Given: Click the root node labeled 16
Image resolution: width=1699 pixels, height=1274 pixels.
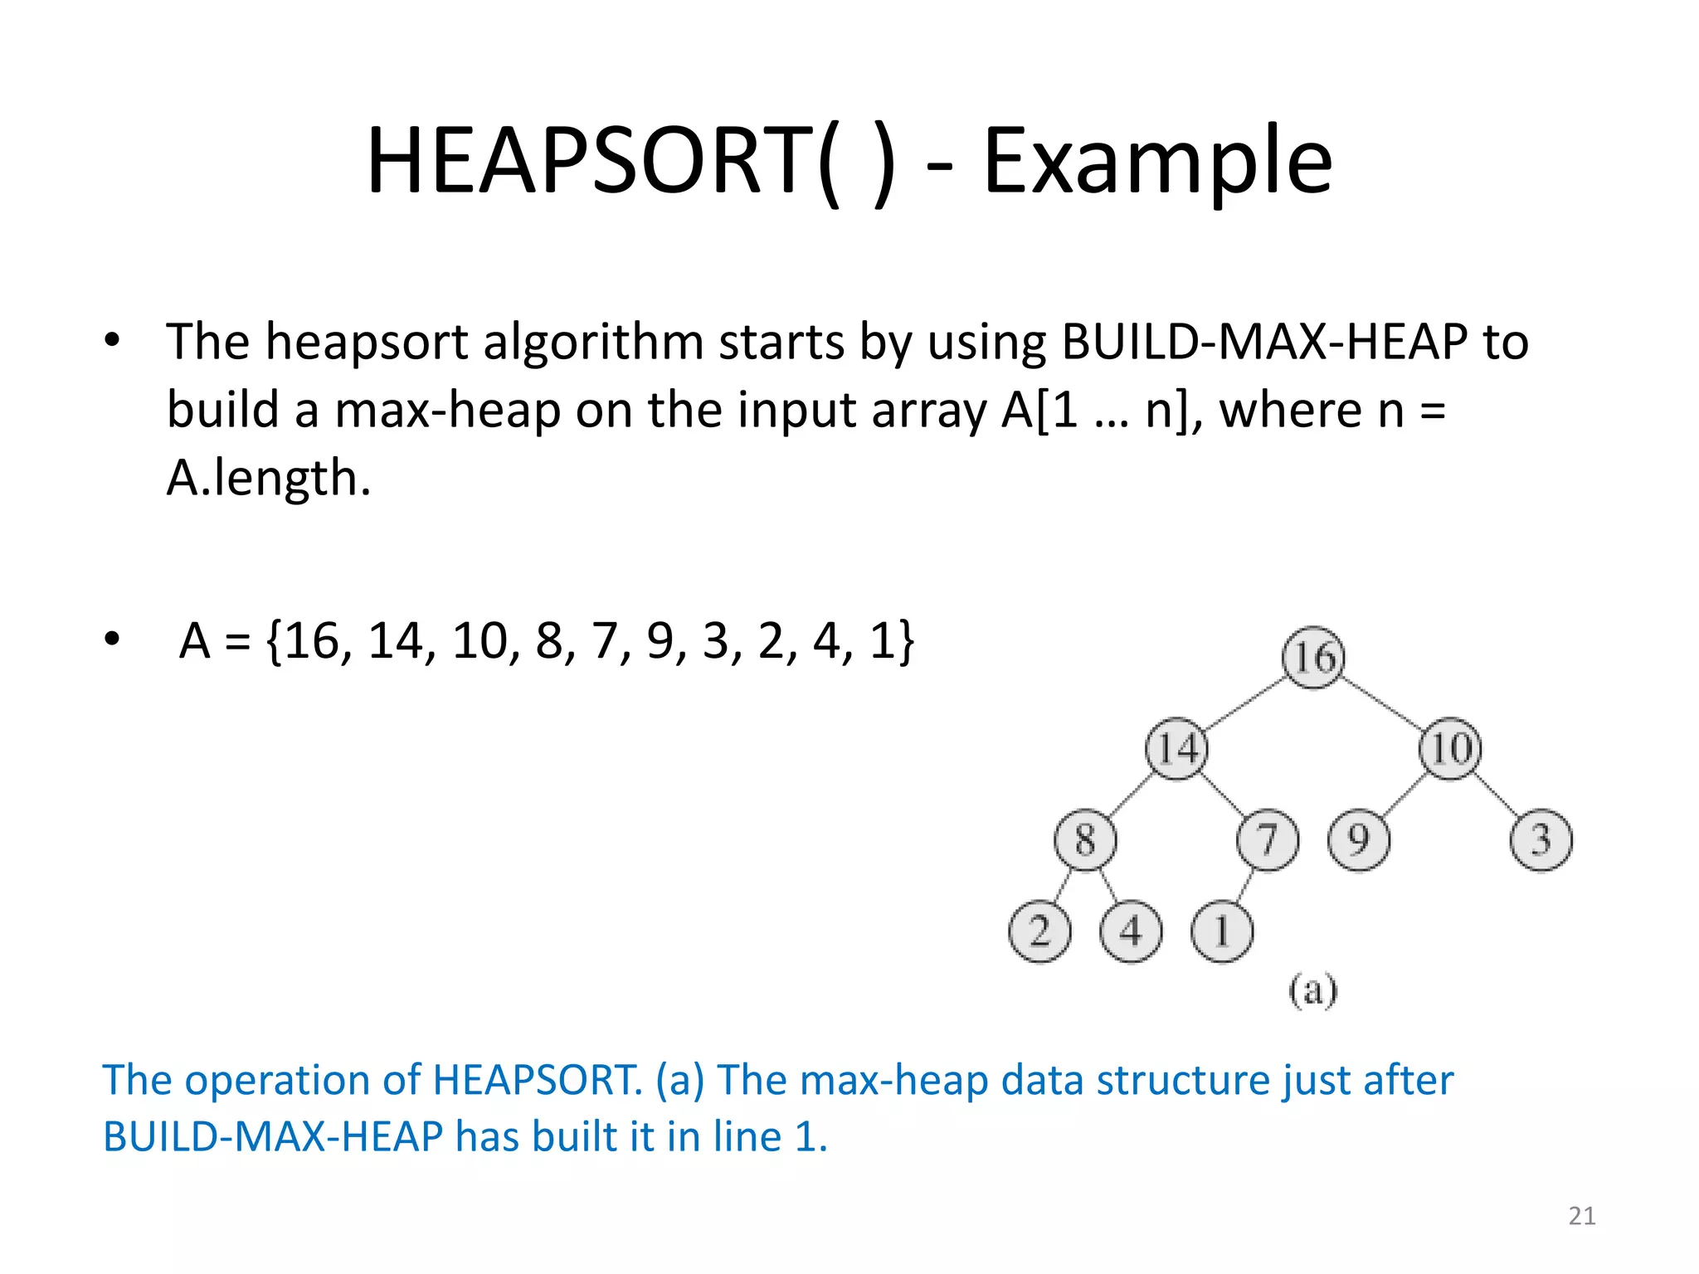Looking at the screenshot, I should click(x=1313, y=657).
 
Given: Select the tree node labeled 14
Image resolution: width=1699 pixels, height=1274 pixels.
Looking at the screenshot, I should click(x=1176, y=748).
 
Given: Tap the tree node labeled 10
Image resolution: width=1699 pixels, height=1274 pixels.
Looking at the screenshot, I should click(x=1450, y=748).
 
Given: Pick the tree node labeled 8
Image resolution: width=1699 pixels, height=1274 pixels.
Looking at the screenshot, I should click(x=1085, y=839).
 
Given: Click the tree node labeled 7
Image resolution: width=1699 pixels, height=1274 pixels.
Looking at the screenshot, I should click(x=1268, y=839).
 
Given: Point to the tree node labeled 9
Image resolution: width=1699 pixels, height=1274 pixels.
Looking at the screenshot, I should click(x=1359, y=839).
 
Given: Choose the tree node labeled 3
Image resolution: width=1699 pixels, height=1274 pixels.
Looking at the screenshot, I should click(x=1541, y=839).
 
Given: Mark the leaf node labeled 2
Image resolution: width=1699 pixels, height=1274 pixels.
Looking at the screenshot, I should click(x=1039, y=931).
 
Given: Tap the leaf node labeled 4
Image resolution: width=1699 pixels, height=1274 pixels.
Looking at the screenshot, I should click(x=1131, y=931).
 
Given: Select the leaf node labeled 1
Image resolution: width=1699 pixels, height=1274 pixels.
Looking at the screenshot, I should click(x=1222, y=931).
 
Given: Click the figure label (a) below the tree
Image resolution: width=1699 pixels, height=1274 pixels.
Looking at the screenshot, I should click(x=1313, y=990).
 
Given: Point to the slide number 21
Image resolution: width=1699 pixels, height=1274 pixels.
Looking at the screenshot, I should click(x=1582, y=1216).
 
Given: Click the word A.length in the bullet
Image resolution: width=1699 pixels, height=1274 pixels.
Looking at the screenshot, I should click(x=268, y=478).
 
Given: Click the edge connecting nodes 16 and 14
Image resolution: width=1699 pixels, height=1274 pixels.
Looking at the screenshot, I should click(x=1244, y=703).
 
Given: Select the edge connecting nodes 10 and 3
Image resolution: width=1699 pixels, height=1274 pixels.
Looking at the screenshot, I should click(x=1496, y=794).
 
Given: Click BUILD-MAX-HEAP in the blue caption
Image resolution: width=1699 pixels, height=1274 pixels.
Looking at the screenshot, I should click(x=272, y=1136).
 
